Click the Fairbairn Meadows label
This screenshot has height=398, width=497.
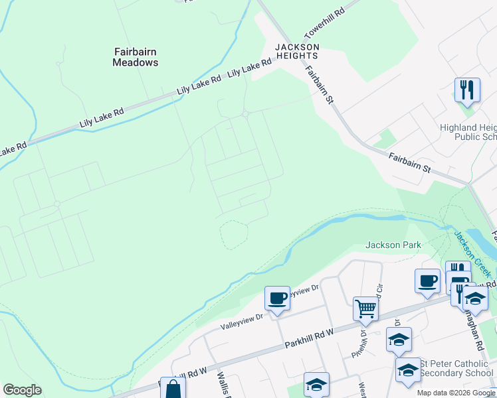[x=135, y=56]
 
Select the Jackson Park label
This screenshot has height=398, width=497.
[x=393, y=245]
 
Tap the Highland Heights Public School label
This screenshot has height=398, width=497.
[x=468, y=132]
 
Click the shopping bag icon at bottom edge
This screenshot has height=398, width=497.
[x=172, y=389]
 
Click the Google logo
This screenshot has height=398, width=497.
[x=22, y=390]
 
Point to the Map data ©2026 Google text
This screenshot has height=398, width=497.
[x=456, y=393]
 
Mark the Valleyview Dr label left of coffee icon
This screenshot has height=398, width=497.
[x=241, y=320]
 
